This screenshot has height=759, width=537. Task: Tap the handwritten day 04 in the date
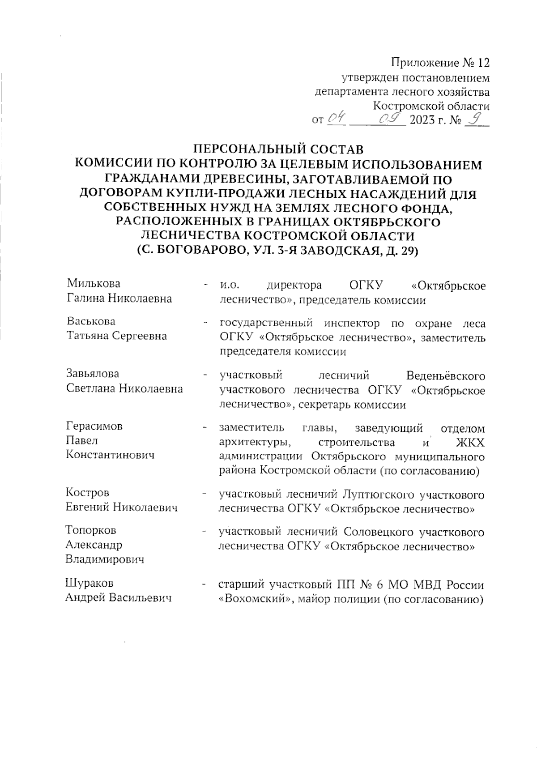pyautogui.click(x=336, y=119)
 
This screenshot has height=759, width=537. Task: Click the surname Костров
pyautogui.click(x=87, y=493)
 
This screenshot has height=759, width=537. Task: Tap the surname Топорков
pyautogui.click(x=91, y=530)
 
